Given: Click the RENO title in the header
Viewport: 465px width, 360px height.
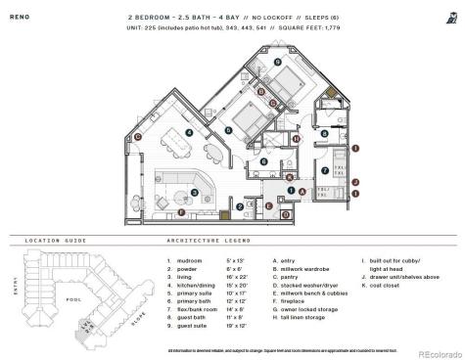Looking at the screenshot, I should (x=20, y=17).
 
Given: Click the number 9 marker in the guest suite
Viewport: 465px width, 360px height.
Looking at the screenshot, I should (x=277, y=63).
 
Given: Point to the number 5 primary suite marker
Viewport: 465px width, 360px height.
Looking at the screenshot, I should (x=227, y=128).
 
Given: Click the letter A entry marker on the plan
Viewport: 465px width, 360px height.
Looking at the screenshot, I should (x=302, y=191).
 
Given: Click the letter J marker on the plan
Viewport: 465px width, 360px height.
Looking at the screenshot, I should (x=356, y=182).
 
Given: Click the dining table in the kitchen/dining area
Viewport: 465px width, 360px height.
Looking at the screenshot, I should (x=176, y=151).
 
